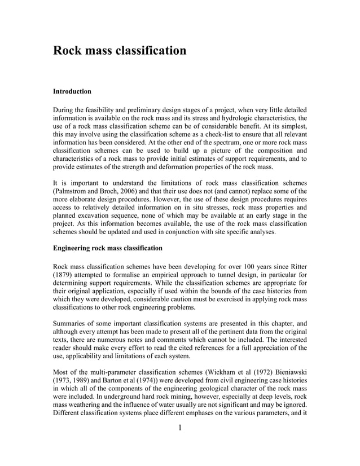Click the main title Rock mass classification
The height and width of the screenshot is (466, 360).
pos(119,51)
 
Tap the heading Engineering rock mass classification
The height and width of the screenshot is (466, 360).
pos(107,248)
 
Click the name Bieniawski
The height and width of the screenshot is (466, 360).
pos(287,373)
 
